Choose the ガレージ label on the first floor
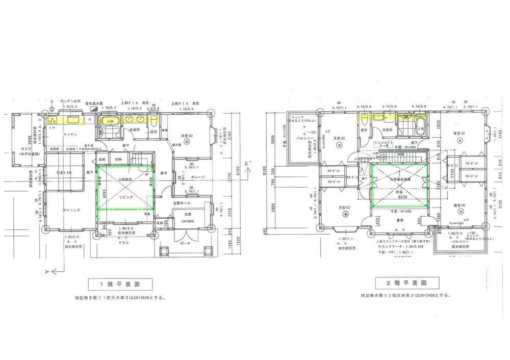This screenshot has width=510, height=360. point(197,177)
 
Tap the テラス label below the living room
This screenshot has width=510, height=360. point(123,243)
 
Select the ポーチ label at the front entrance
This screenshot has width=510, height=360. point(185,244)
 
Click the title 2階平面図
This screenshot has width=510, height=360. point(407,282)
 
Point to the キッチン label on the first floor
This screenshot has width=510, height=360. point(70,135)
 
